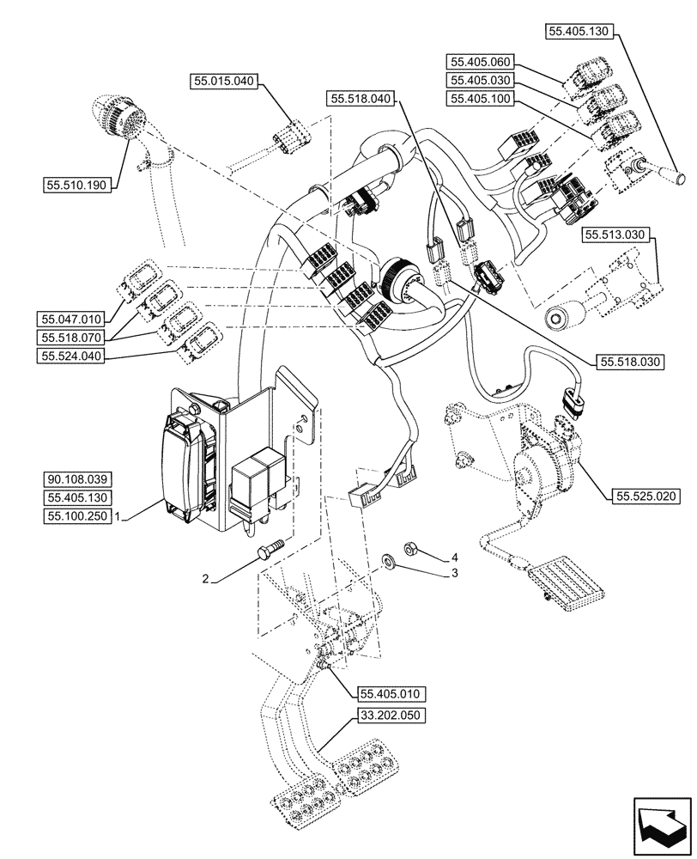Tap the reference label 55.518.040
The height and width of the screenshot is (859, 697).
point(360,100)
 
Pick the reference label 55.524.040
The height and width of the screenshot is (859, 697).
point(70,356)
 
